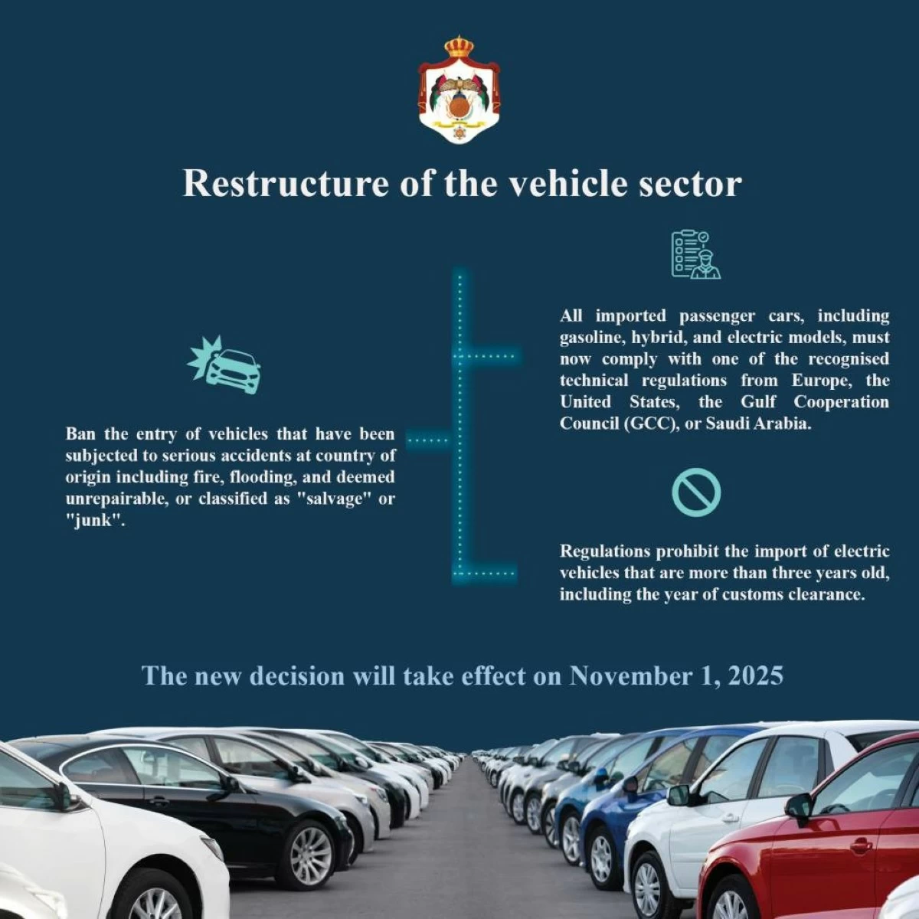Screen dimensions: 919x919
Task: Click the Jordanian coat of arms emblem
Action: [459, 90]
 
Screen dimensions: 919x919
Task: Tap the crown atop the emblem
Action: [459, 47]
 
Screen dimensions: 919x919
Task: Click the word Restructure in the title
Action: [286, 183]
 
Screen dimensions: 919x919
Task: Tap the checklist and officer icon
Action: [696, 254]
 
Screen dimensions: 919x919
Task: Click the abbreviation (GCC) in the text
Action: [652, 423]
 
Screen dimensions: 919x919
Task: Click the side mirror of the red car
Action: [799, 806]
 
